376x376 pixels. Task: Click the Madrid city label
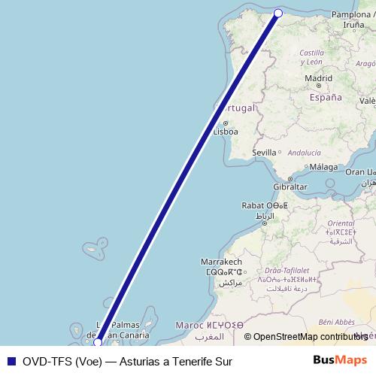tap(319, 77)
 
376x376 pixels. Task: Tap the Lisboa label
tap(226, 132)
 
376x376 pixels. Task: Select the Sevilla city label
tap(265, 152)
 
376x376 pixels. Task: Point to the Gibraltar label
tap(290, 186)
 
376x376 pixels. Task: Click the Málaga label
tap(324, 167)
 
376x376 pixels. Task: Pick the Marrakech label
tap(220, 261)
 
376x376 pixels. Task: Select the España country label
tap(325, 97)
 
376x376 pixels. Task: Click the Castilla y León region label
tap(311, 57)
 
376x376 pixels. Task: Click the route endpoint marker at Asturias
tap(278, 13)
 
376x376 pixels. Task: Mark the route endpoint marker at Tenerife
tap(98, 343)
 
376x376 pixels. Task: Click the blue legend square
tap(10, 361)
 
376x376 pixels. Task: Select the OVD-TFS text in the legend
tap(46, 361)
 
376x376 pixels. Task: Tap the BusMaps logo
tap(340, 361)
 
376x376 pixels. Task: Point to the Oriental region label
tap(341, 223)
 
